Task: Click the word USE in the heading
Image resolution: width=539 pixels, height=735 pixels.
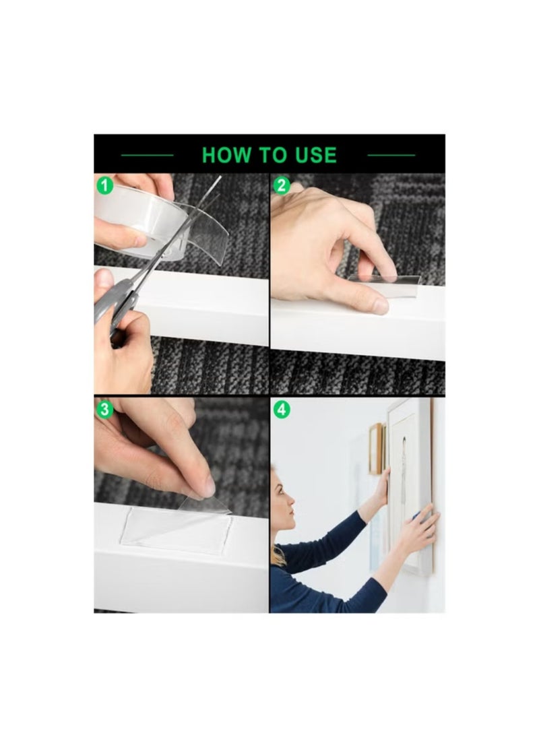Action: (314, 155)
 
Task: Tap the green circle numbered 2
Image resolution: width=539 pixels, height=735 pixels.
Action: (281, 185)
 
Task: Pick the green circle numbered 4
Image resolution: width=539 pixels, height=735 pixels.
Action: (281, 409)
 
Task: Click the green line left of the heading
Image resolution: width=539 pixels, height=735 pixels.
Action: (148, 156)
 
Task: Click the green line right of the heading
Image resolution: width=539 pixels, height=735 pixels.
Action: (391, 156)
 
